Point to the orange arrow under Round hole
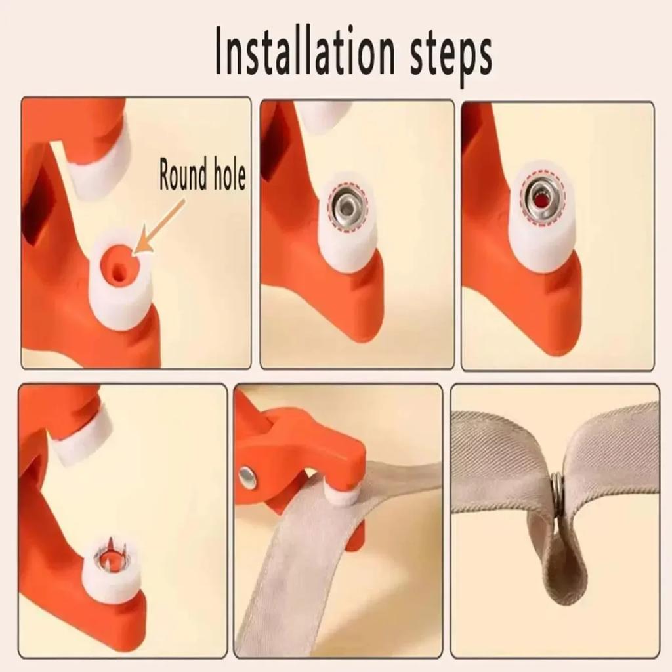(x=159, y=227)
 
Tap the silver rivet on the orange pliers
(x=247, y=478)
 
